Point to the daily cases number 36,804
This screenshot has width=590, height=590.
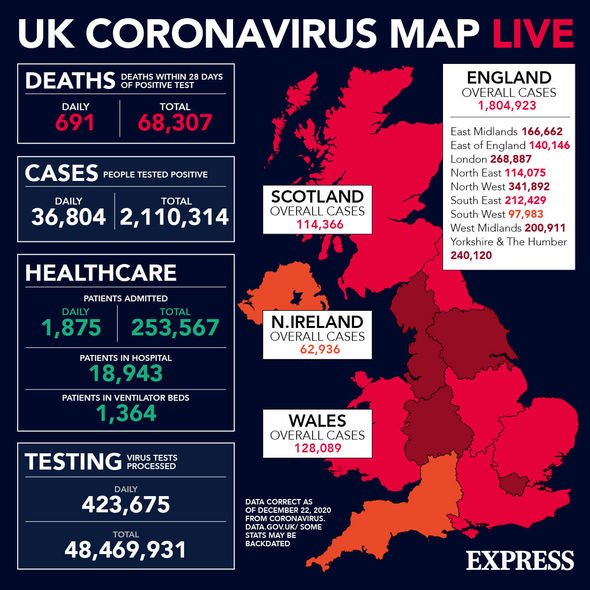pyautogui.click(x=67, y=215)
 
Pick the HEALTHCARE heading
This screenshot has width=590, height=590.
pyautogui.click(x=100, y=272)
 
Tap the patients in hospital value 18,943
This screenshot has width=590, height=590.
pyautogui.click(x=126, y=373)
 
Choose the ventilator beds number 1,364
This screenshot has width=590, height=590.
pyautogui.click(x=126, y=413)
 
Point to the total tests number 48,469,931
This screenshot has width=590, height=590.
pyautogui.click(x=126, y=549)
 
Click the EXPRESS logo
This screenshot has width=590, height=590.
pyautogui.click(x=519, y=560)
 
